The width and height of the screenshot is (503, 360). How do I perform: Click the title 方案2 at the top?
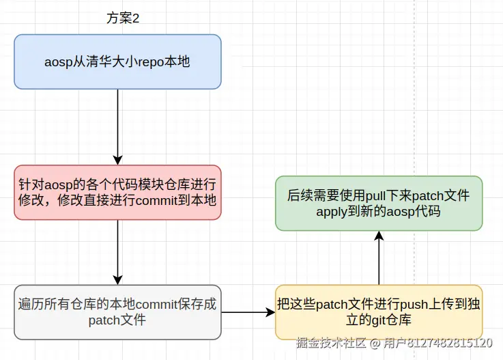[123, 18]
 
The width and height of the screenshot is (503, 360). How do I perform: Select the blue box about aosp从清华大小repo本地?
[117, 61]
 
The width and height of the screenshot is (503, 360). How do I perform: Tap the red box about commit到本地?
[117, 193]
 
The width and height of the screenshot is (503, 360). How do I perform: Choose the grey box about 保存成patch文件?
[117, 312]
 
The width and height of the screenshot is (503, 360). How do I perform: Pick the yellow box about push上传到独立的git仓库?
[379, 312]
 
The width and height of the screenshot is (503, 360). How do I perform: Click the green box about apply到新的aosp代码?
[379, 204]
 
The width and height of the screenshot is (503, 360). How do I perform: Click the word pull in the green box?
[375, 195]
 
